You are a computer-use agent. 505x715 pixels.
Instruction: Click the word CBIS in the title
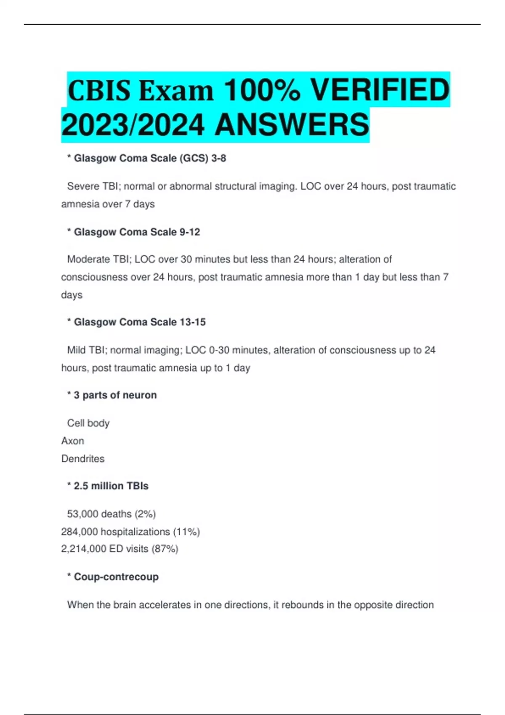pyautogui.click(x=99, y=91)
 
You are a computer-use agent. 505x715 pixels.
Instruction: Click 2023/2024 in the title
pyautogui.click(x=133, y=125)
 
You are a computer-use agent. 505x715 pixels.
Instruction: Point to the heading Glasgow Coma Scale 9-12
pyautogui.click(x=137, y=232)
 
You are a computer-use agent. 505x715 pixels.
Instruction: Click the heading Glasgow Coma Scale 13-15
pyautogui.click(x=140, y=322)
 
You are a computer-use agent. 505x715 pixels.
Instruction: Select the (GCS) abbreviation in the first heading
pyautogui.click(x=194, y=159)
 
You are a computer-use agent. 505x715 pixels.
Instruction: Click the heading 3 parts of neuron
pyautogui.click(x=115, y=395)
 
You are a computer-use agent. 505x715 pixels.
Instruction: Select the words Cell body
pyautogui.click(x=88, y=423)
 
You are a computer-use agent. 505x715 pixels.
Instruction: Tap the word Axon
pyautogui.click(x=73, y=441)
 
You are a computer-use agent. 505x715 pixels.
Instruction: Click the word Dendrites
pyautogui.click(x=83, y=458)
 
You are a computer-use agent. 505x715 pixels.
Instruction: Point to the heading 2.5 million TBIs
pyautogui.click(x=111, y=486)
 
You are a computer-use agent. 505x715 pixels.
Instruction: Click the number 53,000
pyautogui.click(x=82, y=514)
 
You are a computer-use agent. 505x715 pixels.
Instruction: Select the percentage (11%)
pyautogui.click(x=186, y=532)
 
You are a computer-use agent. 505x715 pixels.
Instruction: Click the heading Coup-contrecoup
pyautogui.click(x=116, y=577)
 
